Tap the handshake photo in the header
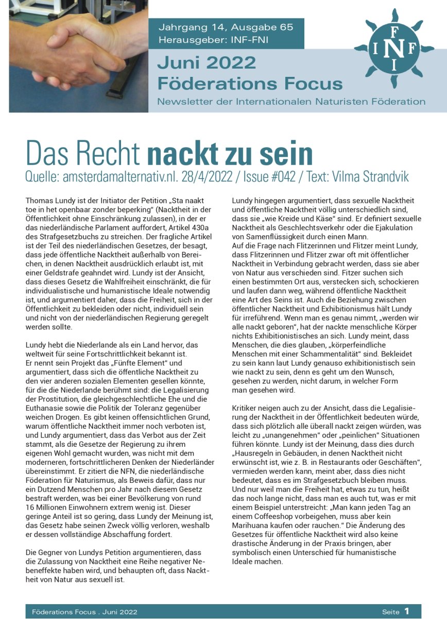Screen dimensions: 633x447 coord(78,56)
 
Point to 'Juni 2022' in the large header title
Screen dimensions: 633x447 coord(207,63)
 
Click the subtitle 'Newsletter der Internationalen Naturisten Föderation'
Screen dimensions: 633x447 coord(291,102)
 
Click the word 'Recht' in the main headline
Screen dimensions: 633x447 coord(110,153)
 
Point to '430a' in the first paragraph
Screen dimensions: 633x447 coord(203,217)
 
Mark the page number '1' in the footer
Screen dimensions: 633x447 coord(407,611)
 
